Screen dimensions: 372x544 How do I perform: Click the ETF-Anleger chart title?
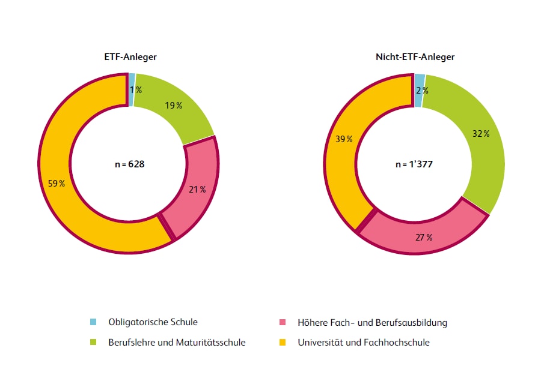pos(130,58)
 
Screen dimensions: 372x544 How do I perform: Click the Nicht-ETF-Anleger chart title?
pos(415,58)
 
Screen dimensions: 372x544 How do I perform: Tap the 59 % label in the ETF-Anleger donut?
pos(57,184)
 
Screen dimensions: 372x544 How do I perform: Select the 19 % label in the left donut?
pos(173,106)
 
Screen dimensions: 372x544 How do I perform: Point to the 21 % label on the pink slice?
pos(198,190)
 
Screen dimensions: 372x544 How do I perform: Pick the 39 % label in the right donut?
pos(344,139)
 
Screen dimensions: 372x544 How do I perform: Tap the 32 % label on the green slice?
pos(481,134)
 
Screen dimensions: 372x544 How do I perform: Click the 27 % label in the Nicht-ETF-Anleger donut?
pos(424,238)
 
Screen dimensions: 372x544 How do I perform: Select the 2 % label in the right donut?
pos(421,91)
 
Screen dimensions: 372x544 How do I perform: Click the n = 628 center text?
pos(130,163)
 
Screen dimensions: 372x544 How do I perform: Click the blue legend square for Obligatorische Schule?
pos(93,323)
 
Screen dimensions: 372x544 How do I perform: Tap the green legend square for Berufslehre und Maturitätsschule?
pos(93,343)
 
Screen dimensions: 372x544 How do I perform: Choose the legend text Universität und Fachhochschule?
pos(364,343)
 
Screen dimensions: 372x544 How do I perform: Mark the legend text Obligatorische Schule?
pos(153,323)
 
